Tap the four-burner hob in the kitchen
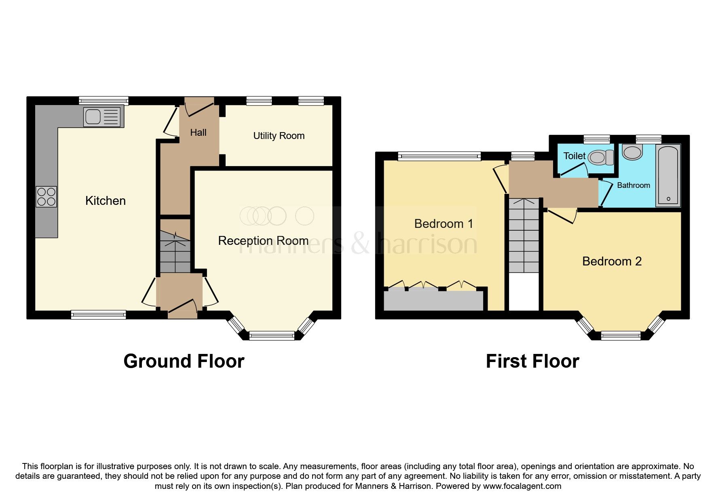point(46,197)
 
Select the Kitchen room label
point(106,201)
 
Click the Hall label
point(198,133)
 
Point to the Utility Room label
point(279,136)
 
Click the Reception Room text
point(263,241)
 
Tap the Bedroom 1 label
point(444,224)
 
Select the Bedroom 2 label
point(612,261)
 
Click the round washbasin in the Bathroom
point(632,152)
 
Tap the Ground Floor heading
point(184,361)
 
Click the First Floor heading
point(532,361)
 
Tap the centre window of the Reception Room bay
point(272,335)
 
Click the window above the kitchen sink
point(103,101)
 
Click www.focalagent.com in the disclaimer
point(522,486)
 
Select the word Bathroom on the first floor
point(634,185)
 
